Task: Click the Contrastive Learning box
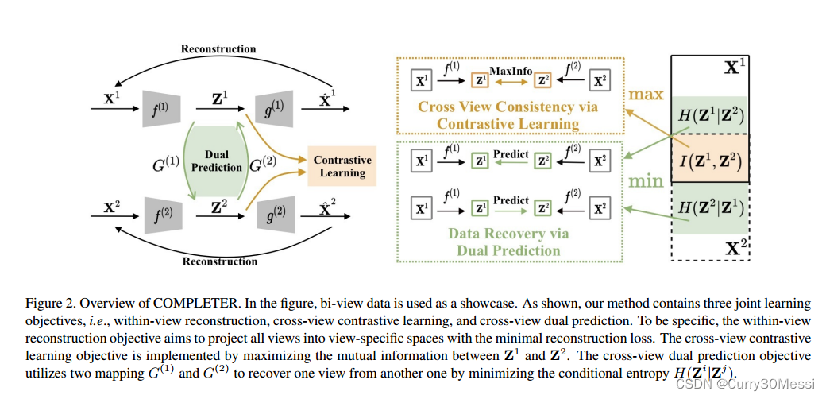[x=342, y=166]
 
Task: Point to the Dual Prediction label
[x=216, y=161]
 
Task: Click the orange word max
[x=645, y=95]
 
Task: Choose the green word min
[x=645, y=181]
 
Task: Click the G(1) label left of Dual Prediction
[x=167, y=166]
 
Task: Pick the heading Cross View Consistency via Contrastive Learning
[x=508, y=115]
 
